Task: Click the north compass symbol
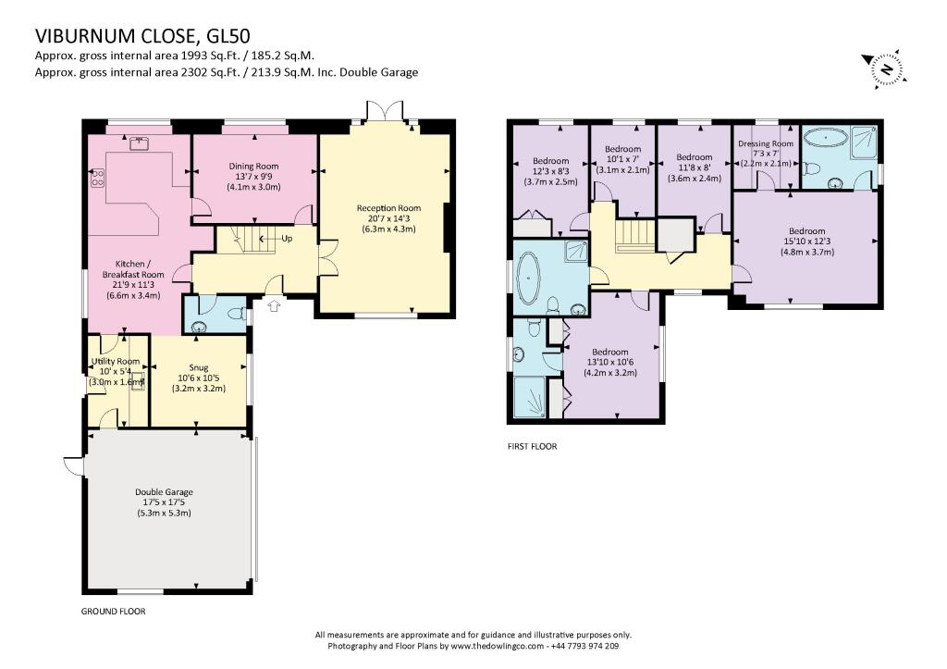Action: point(885,68)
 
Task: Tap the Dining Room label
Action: point(253,167)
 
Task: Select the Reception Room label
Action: point(388,208)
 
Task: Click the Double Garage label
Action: point(164,492)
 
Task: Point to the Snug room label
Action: point(199,367)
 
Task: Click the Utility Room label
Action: point(116,362)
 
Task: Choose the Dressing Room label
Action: point(766,143)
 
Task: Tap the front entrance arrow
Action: point(274,305)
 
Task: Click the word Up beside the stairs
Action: point(287,239)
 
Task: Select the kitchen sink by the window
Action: point(140,143)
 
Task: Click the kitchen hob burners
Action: point(97,177)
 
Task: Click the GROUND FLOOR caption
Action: point(114,612)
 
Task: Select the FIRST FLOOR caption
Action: point(532,447)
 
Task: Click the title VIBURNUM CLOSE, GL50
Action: point(142,36)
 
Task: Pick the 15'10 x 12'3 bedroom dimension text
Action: point(806,242)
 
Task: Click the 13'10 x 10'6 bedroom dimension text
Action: point(610,363)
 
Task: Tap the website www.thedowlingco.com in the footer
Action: point(497,646)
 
